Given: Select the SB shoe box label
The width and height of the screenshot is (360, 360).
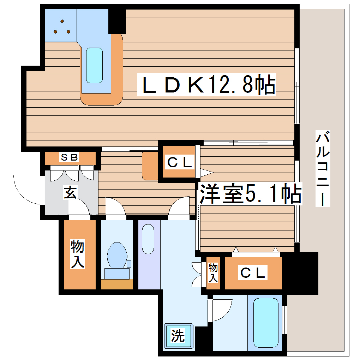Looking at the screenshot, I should tap(69, 157).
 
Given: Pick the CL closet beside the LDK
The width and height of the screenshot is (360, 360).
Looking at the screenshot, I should tap(179, 163).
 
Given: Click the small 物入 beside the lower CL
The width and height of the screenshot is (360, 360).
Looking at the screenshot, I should tap(213, 273).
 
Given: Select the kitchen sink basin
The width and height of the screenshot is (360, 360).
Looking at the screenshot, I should tap(94, 65).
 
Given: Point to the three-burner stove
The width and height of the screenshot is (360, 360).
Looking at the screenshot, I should tap(62, 26).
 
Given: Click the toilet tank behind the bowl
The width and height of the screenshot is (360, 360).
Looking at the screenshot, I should tap(117, 274).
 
